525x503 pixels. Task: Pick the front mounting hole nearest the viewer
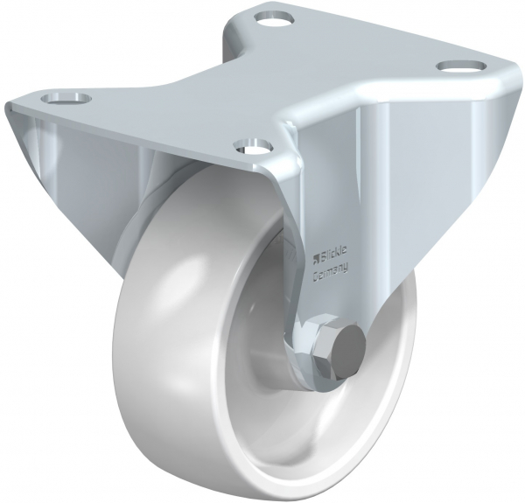click(250, 144)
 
